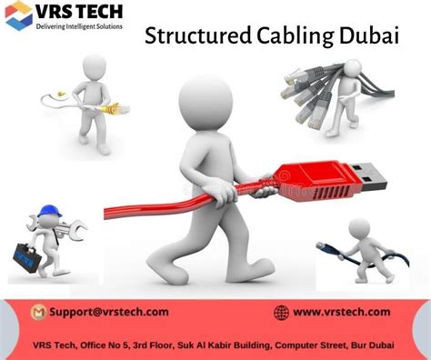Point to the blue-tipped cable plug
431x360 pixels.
pyautogui.click(x=326, y=246)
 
